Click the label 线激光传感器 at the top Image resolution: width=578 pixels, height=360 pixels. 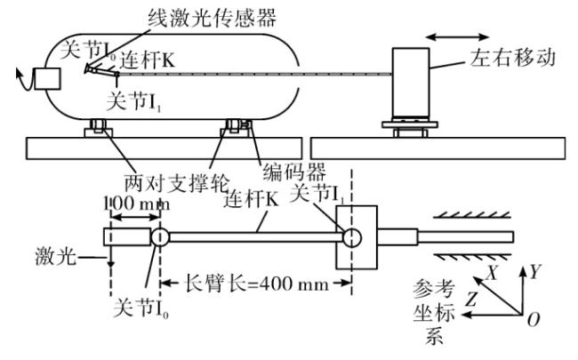coord(212,17)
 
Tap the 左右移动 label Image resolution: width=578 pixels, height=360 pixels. coord(513,58)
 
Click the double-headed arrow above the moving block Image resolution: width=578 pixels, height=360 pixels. coord(457,36)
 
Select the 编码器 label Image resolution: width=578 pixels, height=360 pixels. coord(294,172)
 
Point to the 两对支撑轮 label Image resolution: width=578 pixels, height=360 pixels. coord(177,183)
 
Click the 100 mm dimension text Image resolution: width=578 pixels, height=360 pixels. coord(137,204)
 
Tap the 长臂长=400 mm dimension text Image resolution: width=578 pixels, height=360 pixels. coord(256,284)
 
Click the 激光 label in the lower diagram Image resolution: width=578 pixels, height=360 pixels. coord(56,256)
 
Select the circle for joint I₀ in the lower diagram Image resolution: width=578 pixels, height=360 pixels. coord(160,237)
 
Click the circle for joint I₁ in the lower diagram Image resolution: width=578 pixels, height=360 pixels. coord(352,237)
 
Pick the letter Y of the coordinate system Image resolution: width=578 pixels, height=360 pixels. coord(534,272)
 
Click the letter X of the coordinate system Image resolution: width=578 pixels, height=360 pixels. coord(493,273)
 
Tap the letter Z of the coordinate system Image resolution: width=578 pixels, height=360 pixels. coord(472,299)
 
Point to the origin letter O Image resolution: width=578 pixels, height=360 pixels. coord(534,319)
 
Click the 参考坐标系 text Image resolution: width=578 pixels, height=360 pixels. coord(434,312)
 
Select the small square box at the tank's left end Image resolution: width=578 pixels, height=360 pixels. coord(47,79)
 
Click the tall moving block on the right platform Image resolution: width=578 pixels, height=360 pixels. coord(411,83)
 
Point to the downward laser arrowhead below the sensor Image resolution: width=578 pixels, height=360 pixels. coord(110,263)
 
